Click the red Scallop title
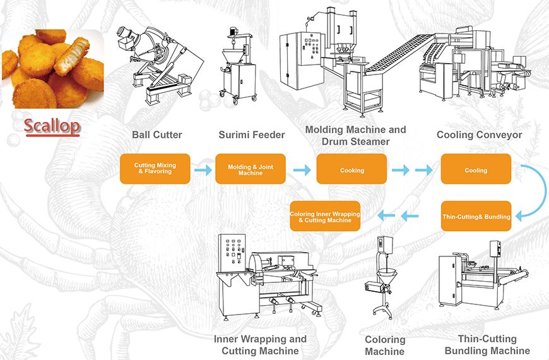(x=52, y=126)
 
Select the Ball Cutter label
(x=157, y=135)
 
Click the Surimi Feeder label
(x=252, y=135)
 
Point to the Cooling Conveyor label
(x=479, y=135)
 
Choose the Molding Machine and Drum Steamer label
(x=356, y=135)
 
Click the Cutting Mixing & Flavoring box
(x=155, y=169)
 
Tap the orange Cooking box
(x=351, y=169)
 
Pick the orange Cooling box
(x=475, y=169)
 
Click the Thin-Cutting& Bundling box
(x=476, y=217)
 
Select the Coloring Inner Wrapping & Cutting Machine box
(x=325, y=217)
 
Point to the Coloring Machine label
(x=384, y=345)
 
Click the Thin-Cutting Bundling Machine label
(x=487, y=345)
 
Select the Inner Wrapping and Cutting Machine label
(x=260, y=344)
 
